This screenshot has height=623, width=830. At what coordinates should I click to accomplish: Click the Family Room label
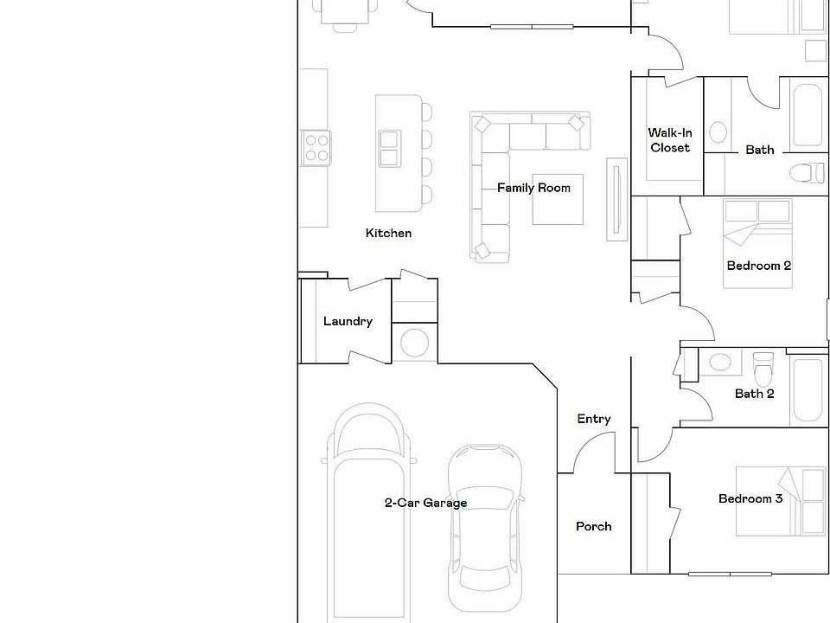(x=533, y=188)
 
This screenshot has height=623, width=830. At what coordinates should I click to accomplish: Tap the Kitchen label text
(x=388, y=233)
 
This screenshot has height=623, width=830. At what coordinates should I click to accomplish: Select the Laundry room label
(x=348, y=321)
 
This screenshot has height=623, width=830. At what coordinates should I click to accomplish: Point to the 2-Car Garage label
(x=425, y=503)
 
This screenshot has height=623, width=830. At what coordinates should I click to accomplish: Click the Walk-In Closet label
(x=670, y=140)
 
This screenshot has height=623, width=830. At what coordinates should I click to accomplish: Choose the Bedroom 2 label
(x=758, y=266)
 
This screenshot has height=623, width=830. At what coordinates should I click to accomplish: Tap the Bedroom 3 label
(x=750, y=498)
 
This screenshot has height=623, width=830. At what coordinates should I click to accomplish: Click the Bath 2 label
(x=754, y=394)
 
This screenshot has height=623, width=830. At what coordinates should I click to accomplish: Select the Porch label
(x=593, y=526)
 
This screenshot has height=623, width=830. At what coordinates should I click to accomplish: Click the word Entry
(x=593, y=419)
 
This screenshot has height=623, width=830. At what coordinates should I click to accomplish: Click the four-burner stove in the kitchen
(x=316, y=147)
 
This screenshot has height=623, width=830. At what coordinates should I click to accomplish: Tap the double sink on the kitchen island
(x=388, y=148)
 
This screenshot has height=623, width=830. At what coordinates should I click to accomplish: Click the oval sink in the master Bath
(x=718, y=132)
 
